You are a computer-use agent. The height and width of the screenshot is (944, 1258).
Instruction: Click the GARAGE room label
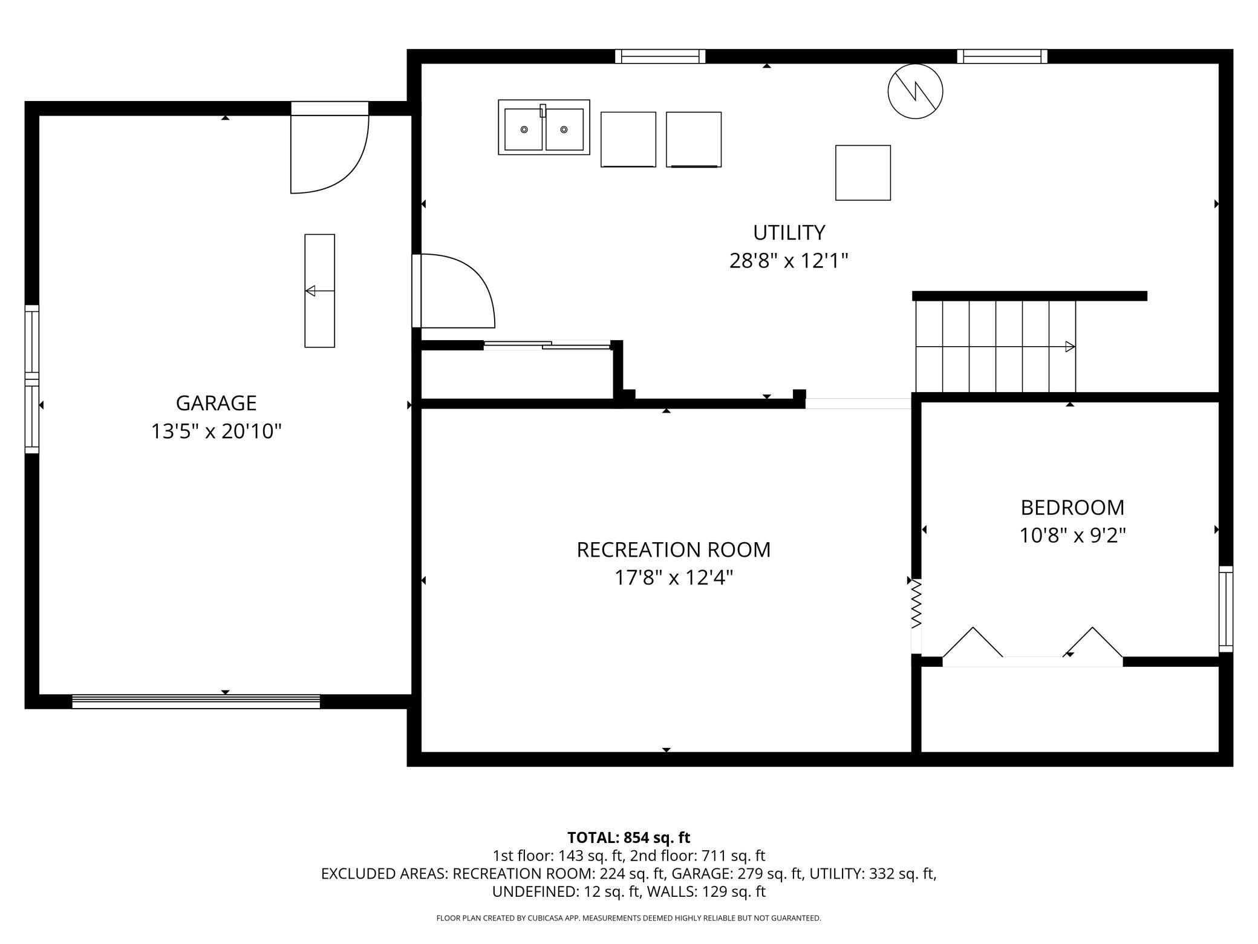click(x=216, y=403)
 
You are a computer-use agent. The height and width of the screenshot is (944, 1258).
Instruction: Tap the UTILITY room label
click(x=789, y=232)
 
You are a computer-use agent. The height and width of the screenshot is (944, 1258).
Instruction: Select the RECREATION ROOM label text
click(x=674, y=549)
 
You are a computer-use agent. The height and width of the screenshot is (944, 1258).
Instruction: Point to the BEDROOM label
click(x=1072, y=507)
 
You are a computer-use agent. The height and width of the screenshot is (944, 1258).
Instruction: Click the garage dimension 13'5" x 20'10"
click(x=216, y=431)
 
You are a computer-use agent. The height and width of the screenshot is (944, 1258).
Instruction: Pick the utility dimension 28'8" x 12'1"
click(x=789, y=261)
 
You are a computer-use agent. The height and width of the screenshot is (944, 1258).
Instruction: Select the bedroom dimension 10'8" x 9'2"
click(x=1072, y=536)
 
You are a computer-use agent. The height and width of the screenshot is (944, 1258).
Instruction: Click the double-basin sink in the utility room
click(x=544, y=128)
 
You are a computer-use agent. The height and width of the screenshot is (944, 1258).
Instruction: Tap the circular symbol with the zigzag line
click(x=915, y=91)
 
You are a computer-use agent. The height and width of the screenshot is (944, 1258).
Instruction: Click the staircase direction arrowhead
click(x=1070, y=347)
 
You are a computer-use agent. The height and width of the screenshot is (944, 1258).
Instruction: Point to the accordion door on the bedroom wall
click(x=916, y=605)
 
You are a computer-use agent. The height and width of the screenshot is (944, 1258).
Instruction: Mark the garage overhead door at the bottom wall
click(x=196, y=701)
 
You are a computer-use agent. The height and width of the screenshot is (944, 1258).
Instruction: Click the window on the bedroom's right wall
click(x=1226, y=609)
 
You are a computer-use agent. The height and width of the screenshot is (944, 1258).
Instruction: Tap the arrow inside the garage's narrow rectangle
click(x=320, y=291)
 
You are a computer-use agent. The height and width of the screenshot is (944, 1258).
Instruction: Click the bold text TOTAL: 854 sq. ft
click(x=628, y=837)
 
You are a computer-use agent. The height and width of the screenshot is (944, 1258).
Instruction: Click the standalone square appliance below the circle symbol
click(x=863, y=172)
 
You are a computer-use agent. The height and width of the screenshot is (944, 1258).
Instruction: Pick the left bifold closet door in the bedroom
click(x=973, y=642)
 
